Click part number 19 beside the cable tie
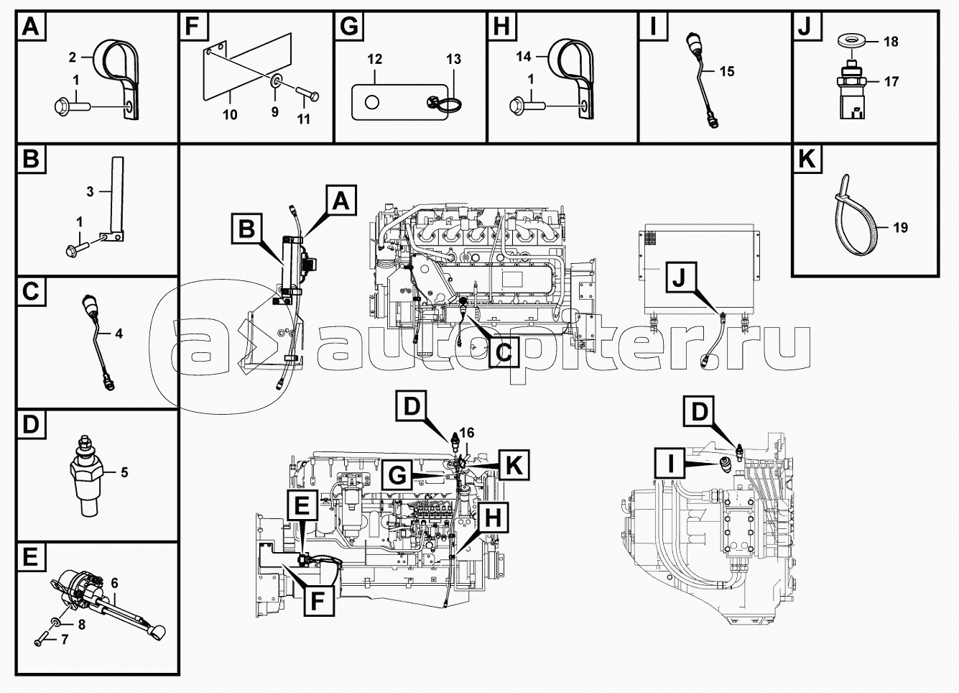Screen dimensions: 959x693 900,227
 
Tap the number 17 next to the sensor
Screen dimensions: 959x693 891,81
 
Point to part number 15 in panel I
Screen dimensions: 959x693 727,71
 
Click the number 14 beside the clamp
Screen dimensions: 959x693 524,56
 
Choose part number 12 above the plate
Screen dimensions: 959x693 374,59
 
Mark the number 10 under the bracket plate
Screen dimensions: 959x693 230,114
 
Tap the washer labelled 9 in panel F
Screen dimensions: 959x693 274,80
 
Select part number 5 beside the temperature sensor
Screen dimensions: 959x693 124,473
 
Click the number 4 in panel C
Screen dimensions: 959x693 119,334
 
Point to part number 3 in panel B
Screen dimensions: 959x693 90,191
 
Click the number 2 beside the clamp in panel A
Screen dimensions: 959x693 73,57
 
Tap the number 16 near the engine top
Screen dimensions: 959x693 467,433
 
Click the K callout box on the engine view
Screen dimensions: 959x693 514,464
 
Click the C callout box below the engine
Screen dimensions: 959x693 504,352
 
